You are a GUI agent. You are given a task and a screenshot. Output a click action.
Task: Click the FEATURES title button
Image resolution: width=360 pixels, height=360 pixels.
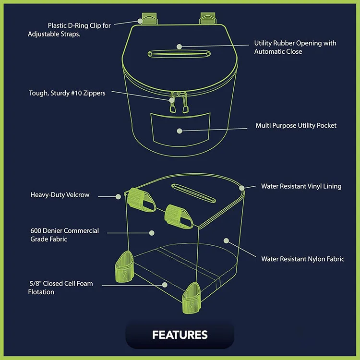click(x=180, y=335)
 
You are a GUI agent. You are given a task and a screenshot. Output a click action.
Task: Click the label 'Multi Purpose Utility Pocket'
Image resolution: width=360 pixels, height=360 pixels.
click(x=296, y=126)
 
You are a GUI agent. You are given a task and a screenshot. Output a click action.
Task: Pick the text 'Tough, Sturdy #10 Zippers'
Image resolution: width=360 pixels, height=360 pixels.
click(x=67, y=93)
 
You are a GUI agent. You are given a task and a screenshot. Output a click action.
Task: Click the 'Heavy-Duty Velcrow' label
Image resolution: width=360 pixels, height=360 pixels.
click(x=60, y=195)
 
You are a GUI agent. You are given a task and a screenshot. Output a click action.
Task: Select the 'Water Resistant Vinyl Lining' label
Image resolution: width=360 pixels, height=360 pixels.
click(x=301, y=186)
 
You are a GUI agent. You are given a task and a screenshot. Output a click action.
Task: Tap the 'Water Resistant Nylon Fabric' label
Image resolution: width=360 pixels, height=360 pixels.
click(x=302, y=259)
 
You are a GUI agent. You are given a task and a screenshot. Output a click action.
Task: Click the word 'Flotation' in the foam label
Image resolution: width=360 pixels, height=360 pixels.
click(x=41, y=292)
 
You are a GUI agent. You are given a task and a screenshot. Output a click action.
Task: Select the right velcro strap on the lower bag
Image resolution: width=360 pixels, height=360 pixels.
click(x=178, y=215)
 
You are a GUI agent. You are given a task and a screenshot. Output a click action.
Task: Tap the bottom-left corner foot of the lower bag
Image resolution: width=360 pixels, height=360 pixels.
click(x=124, y=266)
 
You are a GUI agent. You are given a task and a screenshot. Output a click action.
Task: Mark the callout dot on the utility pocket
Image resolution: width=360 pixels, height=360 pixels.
click(x=179, y=131)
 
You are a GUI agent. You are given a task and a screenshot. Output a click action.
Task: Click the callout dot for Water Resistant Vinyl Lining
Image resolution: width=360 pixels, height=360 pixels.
click(x=242, y=188)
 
